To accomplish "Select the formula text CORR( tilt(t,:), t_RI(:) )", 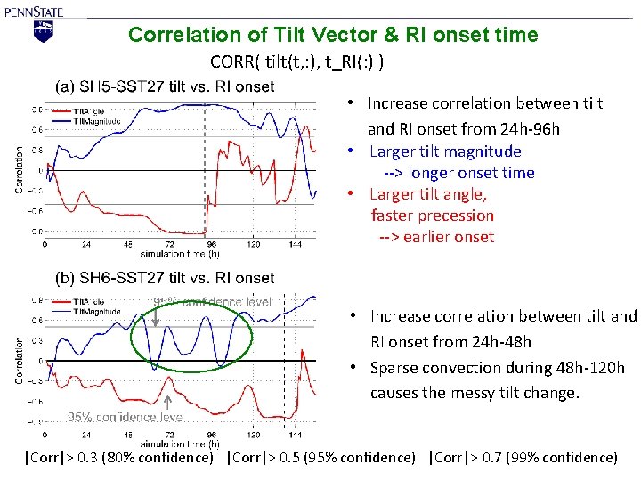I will [297, 62].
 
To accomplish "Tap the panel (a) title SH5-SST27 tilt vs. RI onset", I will [165, 86].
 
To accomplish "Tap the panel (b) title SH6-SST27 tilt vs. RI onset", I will [165, 278].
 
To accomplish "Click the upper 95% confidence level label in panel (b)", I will [213, 302].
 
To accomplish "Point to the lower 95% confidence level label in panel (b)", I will [125, 417].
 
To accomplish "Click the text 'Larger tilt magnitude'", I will [445, 151].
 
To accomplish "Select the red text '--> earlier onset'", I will [436, 237].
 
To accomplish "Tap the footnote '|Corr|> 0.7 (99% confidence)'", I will [523, 458].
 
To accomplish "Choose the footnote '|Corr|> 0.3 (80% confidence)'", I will [119, 458].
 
